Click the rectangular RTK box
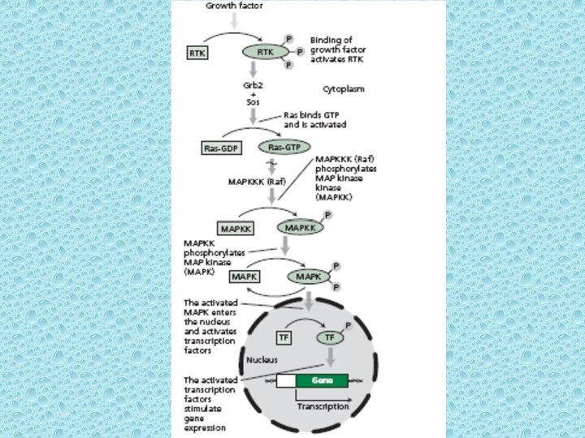[197, 54]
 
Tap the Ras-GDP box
[222, 148]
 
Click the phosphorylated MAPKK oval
[300, 228]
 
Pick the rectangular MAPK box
[245, 277]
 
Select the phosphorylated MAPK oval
[308, 277]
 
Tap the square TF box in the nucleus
[284, 335]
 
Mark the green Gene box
[321, 380]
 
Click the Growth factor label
[234, 5]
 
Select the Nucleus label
[262, 358]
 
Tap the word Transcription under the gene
[323, 406]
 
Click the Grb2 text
[253, 84]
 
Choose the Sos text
[253, 102]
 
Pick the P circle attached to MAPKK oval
[327, 215]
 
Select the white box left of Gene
[285, 380]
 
